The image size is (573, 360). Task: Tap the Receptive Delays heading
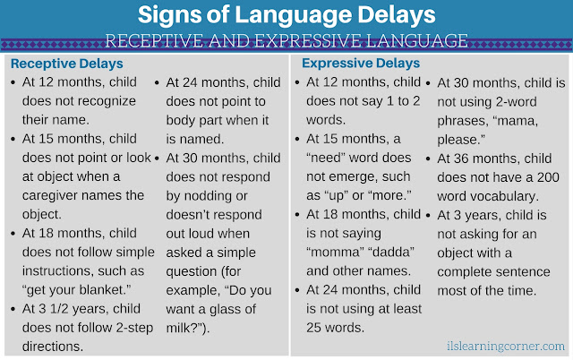tap(67, 64)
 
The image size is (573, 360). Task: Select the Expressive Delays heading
tap(361, 64)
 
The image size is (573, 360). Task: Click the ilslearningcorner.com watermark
tap(505, 346)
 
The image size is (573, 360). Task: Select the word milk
tap(178, 328)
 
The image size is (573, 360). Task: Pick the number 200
tap(548, 177)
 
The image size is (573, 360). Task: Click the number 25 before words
tap(313, 328)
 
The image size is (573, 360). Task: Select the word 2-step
tap(134, 328)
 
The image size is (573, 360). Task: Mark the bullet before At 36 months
tap(428, 159)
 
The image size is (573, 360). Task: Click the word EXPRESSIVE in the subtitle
tap(318, 39)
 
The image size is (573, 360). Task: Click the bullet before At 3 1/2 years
tap(13, 309)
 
